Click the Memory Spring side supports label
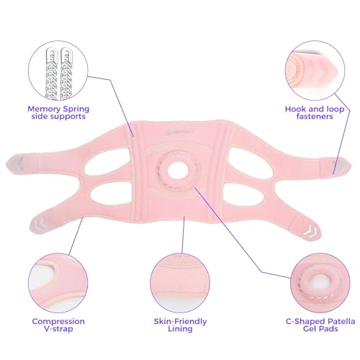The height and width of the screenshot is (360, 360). coord(58,112)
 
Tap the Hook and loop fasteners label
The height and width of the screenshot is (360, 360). coord(315,112)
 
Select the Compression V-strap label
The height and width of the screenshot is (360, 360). coord(58,325)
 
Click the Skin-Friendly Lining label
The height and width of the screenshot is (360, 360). coord(180,325)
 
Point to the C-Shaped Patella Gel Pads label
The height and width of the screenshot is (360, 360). coord(320,325)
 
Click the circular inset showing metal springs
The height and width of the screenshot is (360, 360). coord(58,71)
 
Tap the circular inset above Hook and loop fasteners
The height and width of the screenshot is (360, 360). coord(315,71)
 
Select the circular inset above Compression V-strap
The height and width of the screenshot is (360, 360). coord(58,283)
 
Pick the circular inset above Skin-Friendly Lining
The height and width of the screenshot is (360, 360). coord(180,283)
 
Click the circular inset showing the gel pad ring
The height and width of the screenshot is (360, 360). coord(320,283)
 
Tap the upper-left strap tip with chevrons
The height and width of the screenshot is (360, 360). coord(16,164)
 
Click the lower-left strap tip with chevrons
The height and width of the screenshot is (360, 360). coord(38,223)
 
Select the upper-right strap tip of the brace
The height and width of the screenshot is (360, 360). coord(341,167)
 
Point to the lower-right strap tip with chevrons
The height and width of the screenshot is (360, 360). coord(310,230)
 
